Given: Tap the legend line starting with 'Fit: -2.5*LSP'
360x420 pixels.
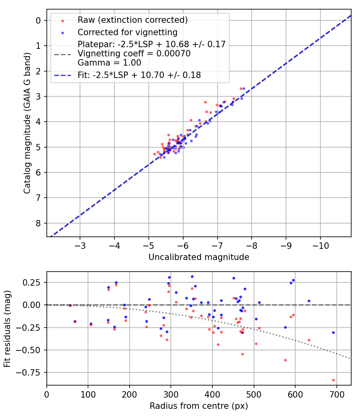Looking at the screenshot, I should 139,75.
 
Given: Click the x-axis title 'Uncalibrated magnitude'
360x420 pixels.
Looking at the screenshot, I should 199,257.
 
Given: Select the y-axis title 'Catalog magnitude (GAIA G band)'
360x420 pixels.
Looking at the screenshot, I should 27,130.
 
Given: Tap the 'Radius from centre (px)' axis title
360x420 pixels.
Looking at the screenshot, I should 199,406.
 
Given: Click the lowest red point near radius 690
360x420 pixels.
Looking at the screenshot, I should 333,380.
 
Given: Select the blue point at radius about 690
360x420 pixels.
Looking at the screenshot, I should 333,332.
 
